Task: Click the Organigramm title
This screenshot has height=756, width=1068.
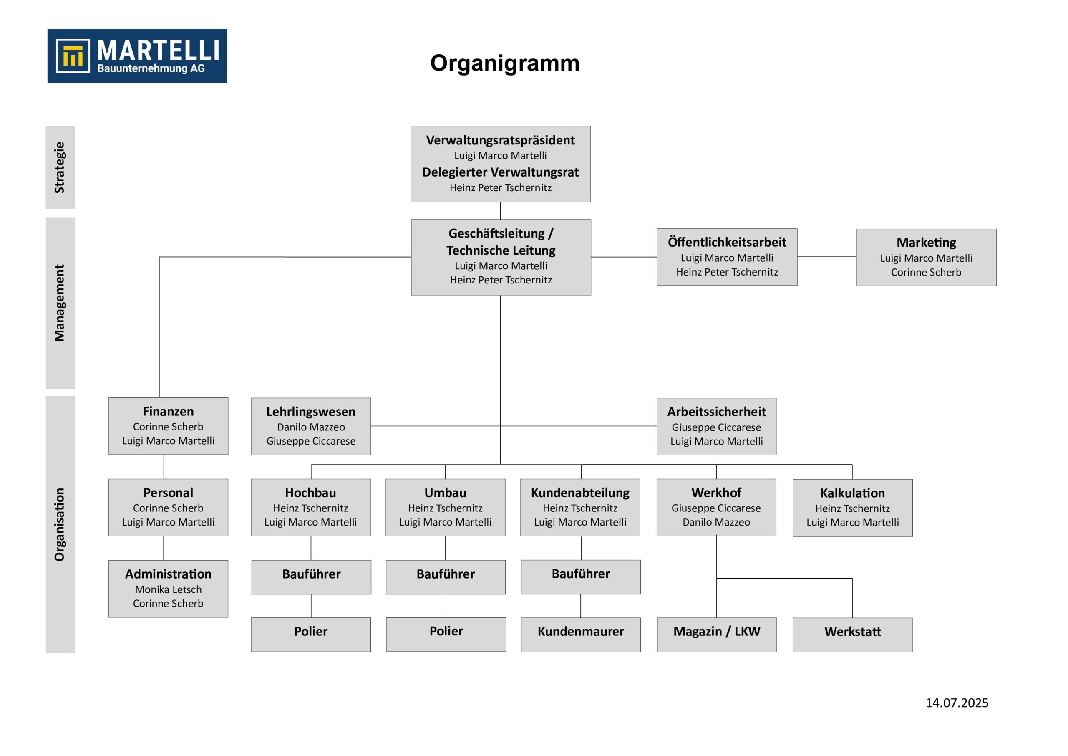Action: coord(505,63)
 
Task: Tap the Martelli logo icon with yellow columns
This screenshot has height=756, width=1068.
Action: coord(73,56)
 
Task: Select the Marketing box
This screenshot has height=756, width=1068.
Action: coord(926,257)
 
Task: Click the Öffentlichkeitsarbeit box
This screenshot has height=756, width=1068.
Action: coord(727,257)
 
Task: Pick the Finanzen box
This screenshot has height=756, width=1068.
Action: coord(169,426)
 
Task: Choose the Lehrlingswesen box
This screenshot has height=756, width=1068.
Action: coord(311,426)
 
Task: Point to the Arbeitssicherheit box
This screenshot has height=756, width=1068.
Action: coord(716,426)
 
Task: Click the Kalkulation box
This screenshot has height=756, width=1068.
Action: coord(853,508)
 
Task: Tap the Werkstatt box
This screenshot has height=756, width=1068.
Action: coord(853,635)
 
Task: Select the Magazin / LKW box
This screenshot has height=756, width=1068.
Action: coord(717,635)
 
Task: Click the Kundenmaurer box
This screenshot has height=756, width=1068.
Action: coord(581,635)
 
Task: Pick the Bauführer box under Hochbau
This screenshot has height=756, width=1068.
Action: coord(311,577)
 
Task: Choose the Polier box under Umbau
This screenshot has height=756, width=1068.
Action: coord(446,635)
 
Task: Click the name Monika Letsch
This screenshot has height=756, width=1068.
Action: coord(169,589)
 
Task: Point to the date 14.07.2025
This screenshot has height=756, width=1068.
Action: coord(957,703)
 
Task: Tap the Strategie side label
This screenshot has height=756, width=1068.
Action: coord(60,167)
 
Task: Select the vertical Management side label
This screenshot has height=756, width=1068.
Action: coord(60,303)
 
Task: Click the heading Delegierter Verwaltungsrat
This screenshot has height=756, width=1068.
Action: coord(501,172)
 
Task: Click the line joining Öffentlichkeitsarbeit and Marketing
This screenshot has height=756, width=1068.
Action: coord(826,256)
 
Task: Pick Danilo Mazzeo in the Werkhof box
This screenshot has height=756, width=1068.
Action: coord(716,522)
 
